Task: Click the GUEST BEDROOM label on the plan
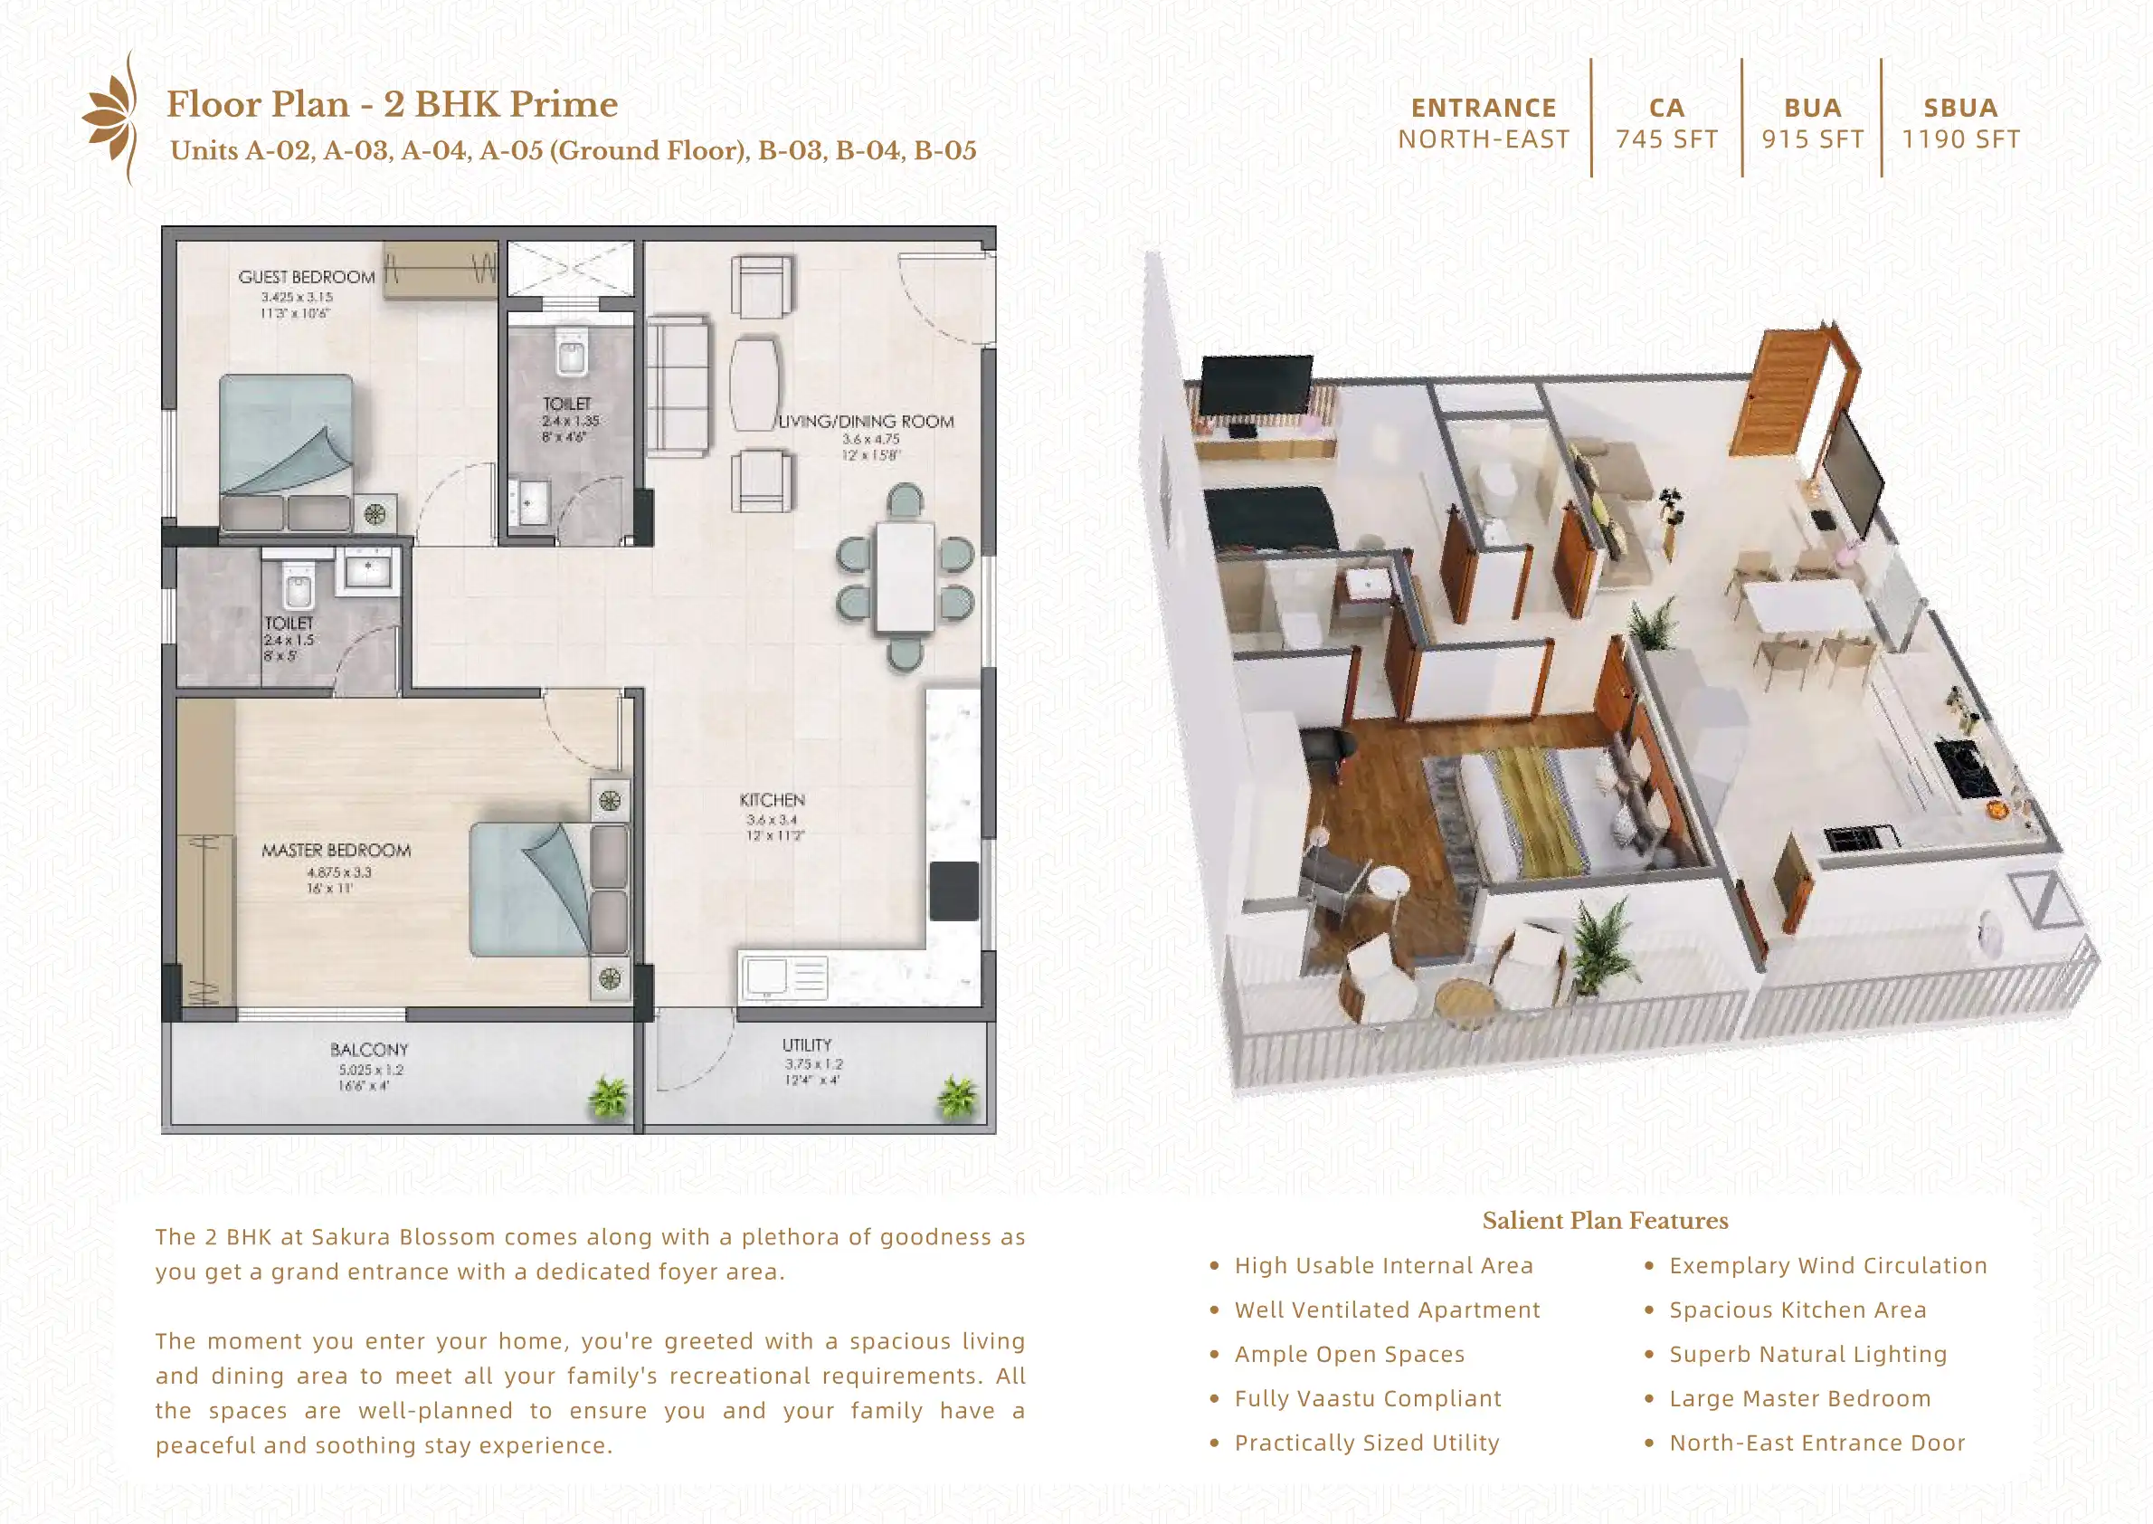[x=306, y=277]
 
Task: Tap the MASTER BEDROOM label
[x=336, y=850]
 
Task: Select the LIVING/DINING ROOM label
[x=866, y=423]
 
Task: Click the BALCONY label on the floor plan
[x=369, y=1049]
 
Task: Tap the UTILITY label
[x=807, y=1044]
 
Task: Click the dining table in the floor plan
[x=905, y=577]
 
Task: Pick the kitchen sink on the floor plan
[x=765, y=976]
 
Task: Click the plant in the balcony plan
[x=609, y=1097]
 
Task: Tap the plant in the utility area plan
[x=957, y=1097]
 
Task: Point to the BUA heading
[x=1813, y=108]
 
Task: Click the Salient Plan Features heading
[x=1604, y=1220]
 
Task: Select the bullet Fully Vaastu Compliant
[x=1368, y=1398]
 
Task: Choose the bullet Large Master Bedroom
[x=1799, y=1398]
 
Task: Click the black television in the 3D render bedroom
[x=1257, y=385]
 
